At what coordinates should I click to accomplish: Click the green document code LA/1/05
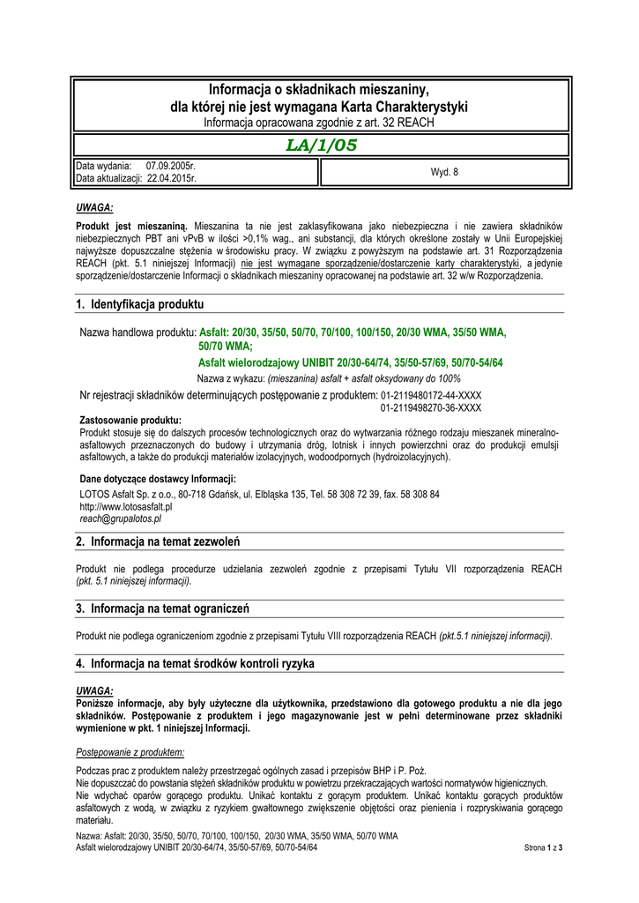(321, 146)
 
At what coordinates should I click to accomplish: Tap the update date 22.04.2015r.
(172, 178)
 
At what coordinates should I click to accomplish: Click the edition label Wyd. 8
(444, 172)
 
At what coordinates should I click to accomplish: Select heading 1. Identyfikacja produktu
(139, 304)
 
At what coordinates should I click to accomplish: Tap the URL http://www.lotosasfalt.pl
(126, 507)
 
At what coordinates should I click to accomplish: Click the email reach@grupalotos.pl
(121, 519)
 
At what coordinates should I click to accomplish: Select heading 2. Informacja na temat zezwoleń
(158, 541)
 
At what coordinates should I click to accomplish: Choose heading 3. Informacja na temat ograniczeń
(162, 608)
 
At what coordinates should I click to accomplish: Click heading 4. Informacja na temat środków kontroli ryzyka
(195, 662)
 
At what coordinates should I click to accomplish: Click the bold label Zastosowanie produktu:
(130, 421)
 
